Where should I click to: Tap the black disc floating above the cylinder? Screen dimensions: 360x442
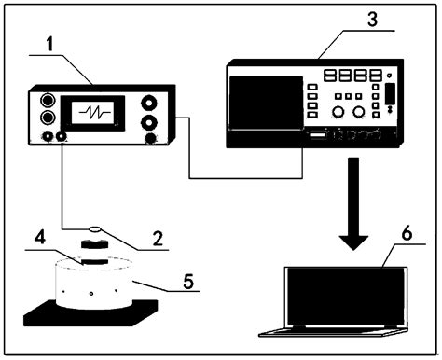coord(94,243)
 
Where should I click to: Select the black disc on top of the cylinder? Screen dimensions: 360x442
coord(93,262)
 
